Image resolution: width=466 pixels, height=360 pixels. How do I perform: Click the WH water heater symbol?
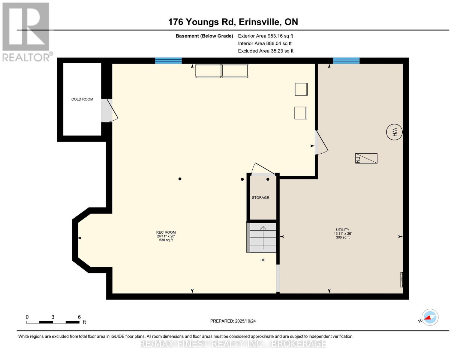coord(394,132)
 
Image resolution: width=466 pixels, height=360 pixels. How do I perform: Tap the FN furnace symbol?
coord(366,158)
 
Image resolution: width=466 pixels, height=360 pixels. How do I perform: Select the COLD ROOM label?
coord(82,99)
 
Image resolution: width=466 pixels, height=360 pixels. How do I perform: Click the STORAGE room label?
coord(260,198)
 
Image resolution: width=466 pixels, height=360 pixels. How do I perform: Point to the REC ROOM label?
coord(166,232)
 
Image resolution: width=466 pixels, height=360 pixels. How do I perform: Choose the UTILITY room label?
coord(343,230)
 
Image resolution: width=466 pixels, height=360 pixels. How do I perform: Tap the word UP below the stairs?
coord(263,260)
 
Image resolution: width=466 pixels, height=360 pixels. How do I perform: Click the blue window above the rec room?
coord(168,61)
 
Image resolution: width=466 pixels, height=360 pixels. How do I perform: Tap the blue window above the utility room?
coord(346,61)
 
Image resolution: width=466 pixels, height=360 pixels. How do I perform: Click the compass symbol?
coord(430,317)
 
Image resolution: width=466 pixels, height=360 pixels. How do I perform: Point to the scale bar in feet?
coord(53,322)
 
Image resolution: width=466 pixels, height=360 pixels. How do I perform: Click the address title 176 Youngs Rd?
coord(233,22)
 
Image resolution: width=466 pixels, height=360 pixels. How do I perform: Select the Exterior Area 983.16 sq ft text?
coord(265,36)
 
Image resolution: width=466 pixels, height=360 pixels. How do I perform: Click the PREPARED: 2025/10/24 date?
coord(233,321)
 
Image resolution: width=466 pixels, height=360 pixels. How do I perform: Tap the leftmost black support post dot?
coord(180,179)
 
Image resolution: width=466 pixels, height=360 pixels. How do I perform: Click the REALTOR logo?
coord(26,31)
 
